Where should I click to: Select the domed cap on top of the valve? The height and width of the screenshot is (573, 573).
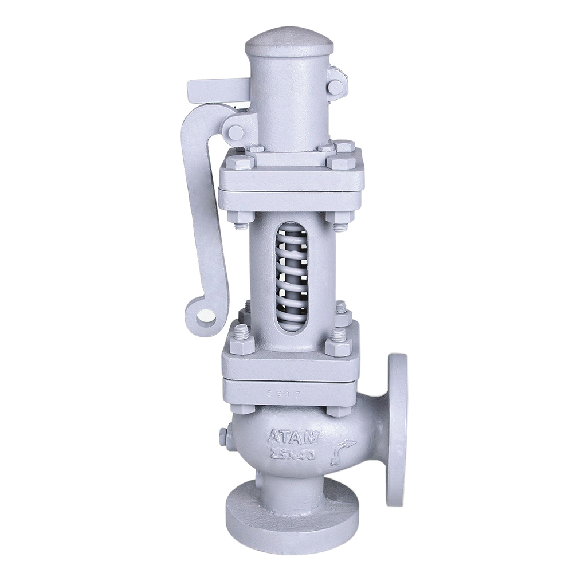pyautogui.click(x=290, y=43)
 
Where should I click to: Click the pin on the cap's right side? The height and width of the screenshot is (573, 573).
pyautogui.click(x=336, y=86)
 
